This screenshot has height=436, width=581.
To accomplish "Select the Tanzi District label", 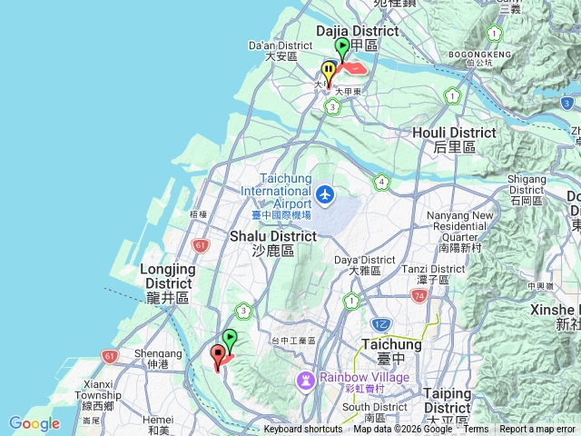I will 426,269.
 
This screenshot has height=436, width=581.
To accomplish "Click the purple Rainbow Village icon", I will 307,378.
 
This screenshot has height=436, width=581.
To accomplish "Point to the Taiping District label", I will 446,394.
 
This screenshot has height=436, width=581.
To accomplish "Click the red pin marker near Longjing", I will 218,356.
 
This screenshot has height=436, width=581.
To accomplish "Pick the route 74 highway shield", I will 419,296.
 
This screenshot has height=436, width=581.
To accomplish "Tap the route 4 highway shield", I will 382,183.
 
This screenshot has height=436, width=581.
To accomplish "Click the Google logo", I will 34,423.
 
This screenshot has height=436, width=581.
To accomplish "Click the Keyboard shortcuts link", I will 303,430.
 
